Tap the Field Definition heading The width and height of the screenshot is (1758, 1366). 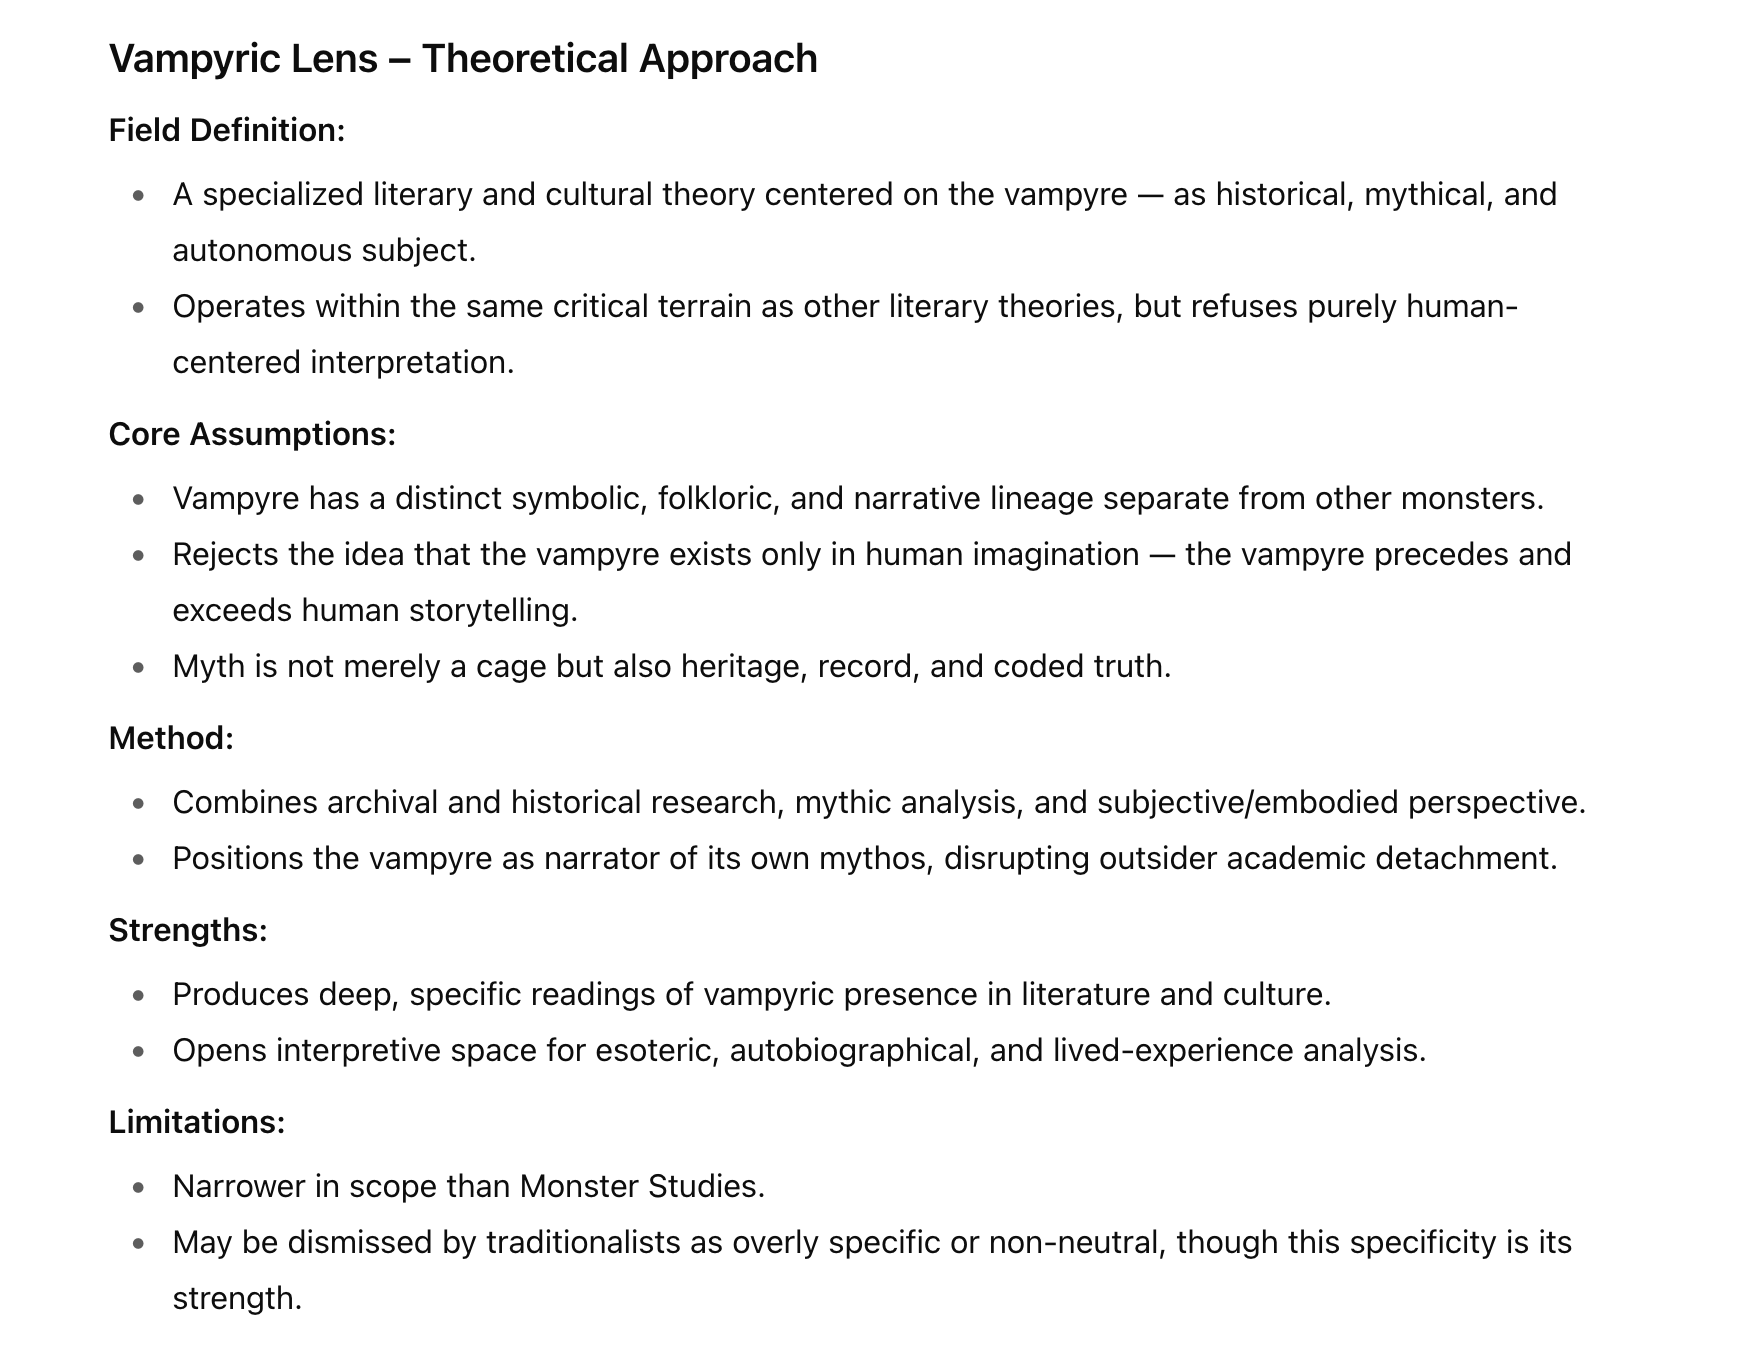click(x=227, y=130)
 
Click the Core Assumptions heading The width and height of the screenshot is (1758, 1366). click(x=252, y=434)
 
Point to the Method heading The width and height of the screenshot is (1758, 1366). click(x=171, y=738)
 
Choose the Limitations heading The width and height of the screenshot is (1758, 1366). click(x=197, y=1122)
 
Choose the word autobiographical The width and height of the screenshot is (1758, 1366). click(x=854, y=1050)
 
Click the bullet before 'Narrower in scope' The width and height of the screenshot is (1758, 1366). click(x=138, y=1187)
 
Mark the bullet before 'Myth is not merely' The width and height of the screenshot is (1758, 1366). click(x=138, y=667)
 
